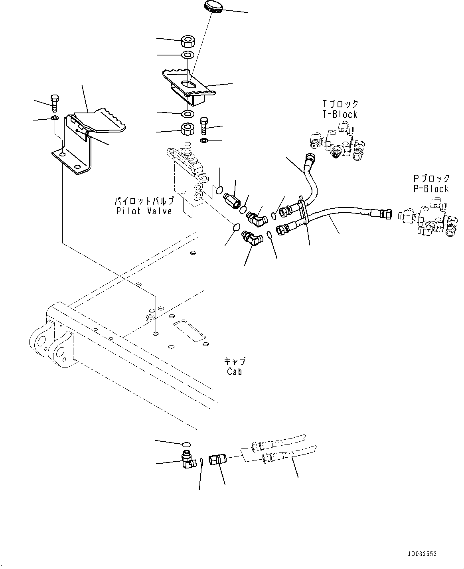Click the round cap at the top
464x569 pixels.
214,6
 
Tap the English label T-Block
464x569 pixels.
340,115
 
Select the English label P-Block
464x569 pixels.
431,189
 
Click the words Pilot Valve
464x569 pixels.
144,211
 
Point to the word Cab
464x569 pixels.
234,371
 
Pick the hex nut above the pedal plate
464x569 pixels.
187,41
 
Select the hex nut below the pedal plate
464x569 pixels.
187,129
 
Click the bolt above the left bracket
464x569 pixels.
55,103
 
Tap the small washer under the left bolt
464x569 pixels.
55,118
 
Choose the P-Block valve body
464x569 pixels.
428,217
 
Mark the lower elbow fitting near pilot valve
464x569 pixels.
252,237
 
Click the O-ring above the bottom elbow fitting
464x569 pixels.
187,445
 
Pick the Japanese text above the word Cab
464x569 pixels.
235,361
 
